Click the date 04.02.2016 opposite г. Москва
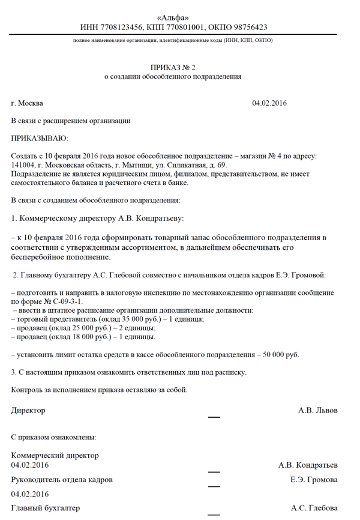(269, 103)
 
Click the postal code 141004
(23, 165)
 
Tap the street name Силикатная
(187, 165)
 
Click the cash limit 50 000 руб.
(281, 355)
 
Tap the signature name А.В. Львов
(317, 411)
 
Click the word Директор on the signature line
(28, 411)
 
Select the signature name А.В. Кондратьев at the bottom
(308, 465)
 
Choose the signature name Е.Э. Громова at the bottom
(313, 480)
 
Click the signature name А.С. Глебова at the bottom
(314, 509)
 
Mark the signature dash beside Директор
(214, 417)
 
